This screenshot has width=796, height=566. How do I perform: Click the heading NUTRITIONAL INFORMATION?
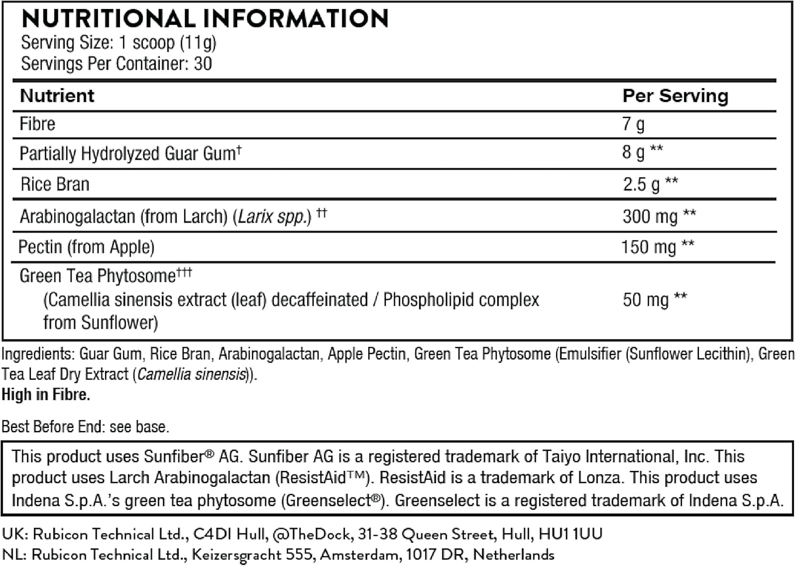tap(205, 19)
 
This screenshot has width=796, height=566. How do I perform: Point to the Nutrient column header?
tap(57, 96)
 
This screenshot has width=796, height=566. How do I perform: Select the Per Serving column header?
tap(675, 96)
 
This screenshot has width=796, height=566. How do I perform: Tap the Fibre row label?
tap(37, 124)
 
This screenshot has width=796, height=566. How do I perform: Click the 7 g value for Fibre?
tap(633, 124)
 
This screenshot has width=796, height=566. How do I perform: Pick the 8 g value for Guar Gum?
tap(633, 153)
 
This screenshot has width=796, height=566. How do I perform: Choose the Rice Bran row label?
tap(55, 184)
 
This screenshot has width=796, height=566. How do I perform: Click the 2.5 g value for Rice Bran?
tap(641, 184)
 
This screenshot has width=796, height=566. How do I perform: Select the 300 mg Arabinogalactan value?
tap(650, 217)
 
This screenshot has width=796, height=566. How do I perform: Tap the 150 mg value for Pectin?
tap(648, 247)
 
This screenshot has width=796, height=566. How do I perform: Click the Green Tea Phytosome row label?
tap(98, 276)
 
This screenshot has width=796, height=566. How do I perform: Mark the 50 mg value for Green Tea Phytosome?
tap(645, 300)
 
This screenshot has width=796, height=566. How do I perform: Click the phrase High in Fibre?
tap(46, 395)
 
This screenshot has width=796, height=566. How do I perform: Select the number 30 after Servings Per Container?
tap(203, 64)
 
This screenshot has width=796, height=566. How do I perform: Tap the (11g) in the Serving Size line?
tap(197, 42)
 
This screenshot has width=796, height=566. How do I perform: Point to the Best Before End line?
tap(85, 427)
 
